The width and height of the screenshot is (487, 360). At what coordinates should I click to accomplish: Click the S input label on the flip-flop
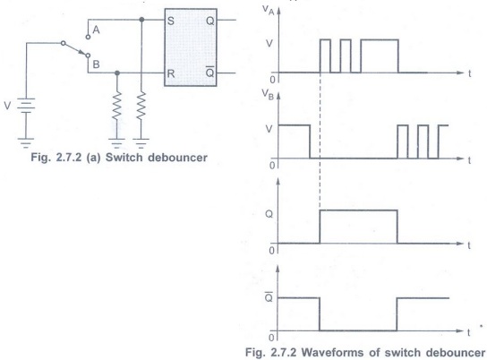click(x=170, y=21)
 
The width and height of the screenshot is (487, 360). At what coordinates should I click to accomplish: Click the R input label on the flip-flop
click(x=171, y=74)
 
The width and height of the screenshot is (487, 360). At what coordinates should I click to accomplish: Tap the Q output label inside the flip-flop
click(x=210, y=21)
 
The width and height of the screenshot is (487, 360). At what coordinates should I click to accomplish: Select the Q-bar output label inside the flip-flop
click(x=210, y=73)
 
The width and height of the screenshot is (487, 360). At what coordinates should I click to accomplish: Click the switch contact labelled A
click(x=88, y=37)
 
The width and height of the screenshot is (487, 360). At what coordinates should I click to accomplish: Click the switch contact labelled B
click(x=88, y=56)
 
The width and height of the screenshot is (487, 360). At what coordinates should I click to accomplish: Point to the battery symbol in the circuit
click(x=26, y=106)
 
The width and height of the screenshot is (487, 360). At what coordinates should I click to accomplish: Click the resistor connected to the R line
click(x=116, y=106)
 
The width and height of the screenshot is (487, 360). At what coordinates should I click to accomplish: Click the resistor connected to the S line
click(x=141, y=106)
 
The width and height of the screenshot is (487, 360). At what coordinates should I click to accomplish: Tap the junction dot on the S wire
click(x=141, y=20)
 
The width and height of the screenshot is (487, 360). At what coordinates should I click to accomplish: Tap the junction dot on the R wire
click(x=117, y=73)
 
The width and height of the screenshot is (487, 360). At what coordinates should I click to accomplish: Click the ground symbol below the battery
click(x=26, y=142)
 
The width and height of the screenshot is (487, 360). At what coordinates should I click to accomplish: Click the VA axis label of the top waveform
click(x=269, y=10)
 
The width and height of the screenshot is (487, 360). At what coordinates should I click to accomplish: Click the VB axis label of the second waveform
click(x=268, y=94)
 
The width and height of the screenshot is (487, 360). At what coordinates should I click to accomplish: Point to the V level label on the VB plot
click(x=269, y=129)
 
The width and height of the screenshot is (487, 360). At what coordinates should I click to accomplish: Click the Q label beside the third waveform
click(x=269, y=214)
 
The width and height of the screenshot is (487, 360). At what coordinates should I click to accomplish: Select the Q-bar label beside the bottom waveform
click(x=269, y=297)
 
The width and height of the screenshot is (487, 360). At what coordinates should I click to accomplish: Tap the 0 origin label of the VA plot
click(x=272, y=80)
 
